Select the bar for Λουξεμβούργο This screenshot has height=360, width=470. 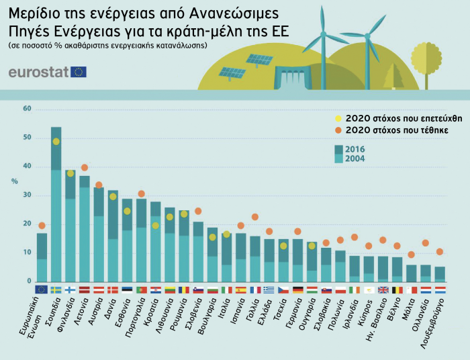[x=440, y=273]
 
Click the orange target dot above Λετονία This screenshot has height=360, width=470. [x=85, y=167]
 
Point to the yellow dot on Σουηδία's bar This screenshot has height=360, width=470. [x=56, y=142]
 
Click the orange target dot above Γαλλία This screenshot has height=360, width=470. [x=255, y=217]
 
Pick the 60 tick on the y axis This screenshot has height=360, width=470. [x=27, y=109]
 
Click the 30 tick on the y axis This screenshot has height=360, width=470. [x=27, y=195]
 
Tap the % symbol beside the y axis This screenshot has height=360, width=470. [x=14, y=181]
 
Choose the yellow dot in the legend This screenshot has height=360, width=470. [x=338, y=116]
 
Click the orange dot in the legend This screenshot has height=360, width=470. [x=338, y=129]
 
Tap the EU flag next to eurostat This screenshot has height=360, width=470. [x=79, y=72]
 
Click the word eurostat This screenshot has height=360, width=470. [x=38, y=72]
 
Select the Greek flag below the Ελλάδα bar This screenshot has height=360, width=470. [x=269, y=290]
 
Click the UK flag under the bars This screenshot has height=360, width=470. [x=383, y=290]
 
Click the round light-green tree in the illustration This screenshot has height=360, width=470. [x=427, y=56]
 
